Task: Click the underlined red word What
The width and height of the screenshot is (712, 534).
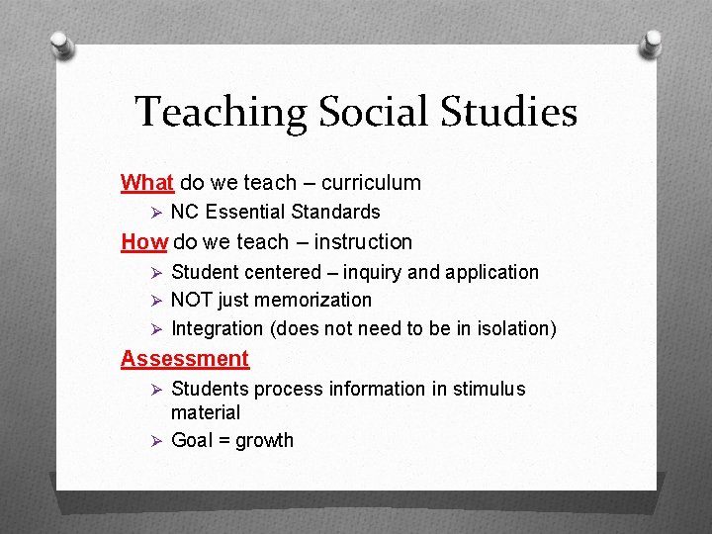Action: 147,182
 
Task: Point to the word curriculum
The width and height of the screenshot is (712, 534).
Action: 371,182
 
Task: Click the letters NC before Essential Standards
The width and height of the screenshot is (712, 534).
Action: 185,212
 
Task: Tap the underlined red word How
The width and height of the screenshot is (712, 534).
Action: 143,241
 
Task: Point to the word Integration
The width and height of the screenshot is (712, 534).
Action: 217,328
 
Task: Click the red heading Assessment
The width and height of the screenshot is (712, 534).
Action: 185,358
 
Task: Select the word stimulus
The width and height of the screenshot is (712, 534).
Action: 489,389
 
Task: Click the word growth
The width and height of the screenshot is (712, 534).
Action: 264,440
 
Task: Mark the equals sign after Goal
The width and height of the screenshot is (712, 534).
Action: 222,440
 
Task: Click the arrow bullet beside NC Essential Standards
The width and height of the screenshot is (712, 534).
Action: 153,212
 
